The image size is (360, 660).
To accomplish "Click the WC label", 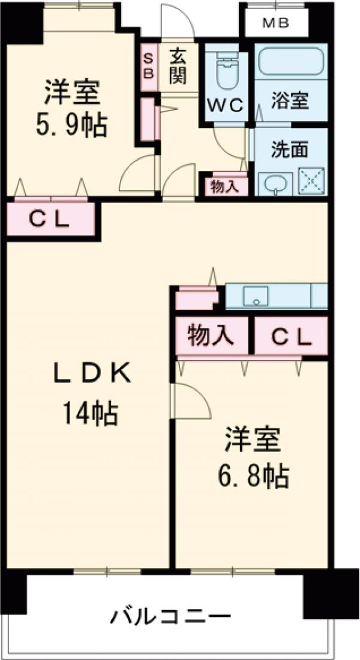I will point(225,106).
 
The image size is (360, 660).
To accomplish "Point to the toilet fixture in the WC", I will point(226,70).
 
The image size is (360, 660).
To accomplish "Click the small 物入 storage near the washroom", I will point(224,186).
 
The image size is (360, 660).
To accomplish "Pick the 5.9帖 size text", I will point(70,126).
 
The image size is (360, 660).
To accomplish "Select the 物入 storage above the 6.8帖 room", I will point(211,337).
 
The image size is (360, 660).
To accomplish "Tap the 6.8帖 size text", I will point(252,477).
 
